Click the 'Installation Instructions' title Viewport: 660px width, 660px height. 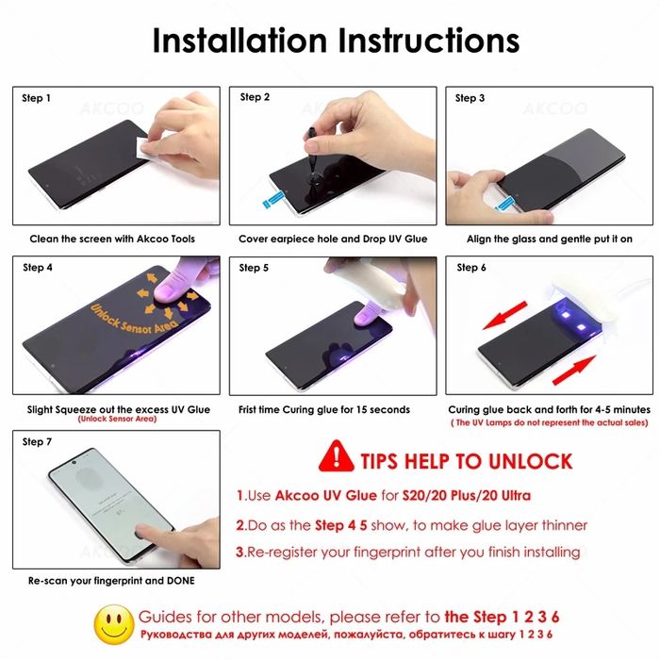pyautogui.click(x=335, y=41)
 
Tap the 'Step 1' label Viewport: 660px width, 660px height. pyautogui.click(x=37, y=98)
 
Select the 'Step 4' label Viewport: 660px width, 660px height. pyautogui.click(x=37, y=268)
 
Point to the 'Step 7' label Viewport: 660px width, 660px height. pyautogui.click(x=37, y=441)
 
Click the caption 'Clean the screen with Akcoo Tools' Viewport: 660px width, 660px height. pyautogui.click(x=112, y=239)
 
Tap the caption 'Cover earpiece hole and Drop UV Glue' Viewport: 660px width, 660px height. pyautogui.click(x=333, y=239)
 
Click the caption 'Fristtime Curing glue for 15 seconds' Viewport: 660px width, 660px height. pyautogui.click(x=324, y=410)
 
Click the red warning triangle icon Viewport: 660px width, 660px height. pyautogui.click(x=335, y=457)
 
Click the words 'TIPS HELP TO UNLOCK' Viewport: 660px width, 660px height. pyautogui.click(x=466, y=460)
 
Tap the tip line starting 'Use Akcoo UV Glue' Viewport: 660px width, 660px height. pyautogui.click(x=384, y=496)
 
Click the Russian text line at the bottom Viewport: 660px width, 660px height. pyautogui.click(x=349, y=633)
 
